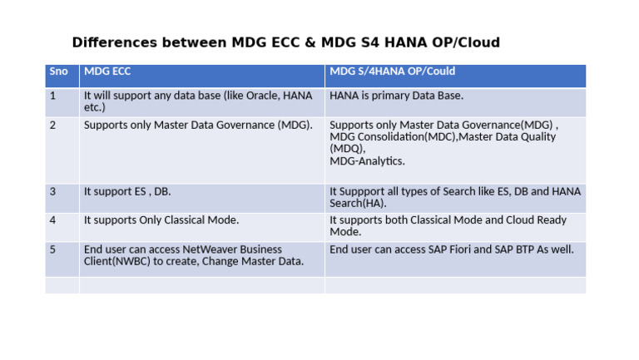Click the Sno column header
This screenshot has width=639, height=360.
59,72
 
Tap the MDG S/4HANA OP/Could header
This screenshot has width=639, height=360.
393,72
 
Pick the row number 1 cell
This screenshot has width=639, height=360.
53,96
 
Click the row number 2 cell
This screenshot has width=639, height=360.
53,125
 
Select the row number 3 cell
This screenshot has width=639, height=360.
53,191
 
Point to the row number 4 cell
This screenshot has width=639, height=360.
53,220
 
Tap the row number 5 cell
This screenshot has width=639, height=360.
53,249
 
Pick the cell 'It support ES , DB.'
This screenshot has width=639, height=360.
127,191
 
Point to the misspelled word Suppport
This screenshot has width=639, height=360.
364,191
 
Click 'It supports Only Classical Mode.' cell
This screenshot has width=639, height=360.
161,220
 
